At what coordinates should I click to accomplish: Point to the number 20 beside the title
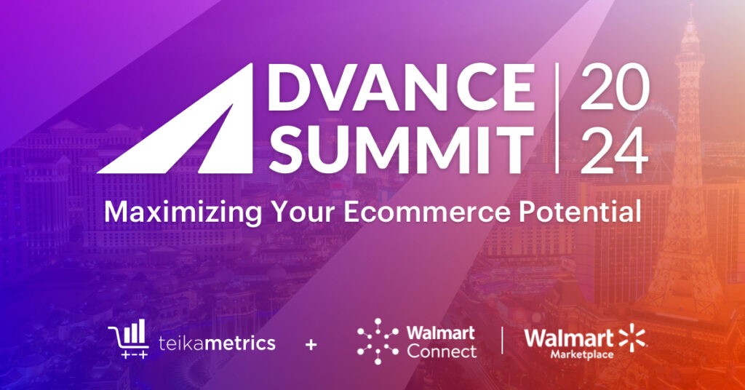pos(613,89)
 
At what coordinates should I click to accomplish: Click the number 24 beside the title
pos(613,150)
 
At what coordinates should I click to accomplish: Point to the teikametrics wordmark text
pos(217,342)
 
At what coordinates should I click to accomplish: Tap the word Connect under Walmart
pos(442,351)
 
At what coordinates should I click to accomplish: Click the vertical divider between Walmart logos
pos(501,341)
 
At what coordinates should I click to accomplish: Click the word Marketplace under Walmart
pos(571,355)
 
